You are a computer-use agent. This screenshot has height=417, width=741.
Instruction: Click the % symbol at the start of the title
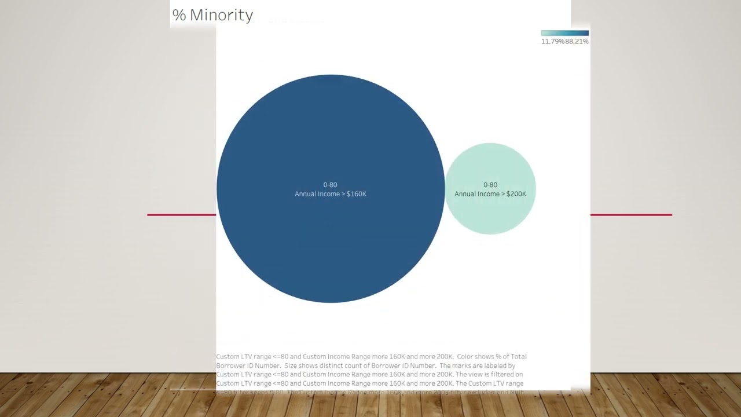[x=179, y=15]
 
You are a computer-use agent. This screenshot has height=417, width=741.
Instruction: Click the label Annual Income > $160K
[x=330, y=194]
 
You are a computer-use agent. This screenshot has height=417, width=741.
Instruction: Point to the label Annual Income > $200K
[x=490, y=194]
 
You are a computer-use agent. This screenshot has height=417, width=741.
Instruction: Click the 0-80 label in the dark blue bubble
[x=330, y=185]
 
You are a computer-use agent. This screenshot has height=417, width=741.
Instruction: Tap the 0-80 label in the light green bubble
[x=490, y=185]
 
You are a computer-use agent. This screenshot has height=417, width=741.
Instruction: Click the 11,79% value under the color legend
[x=552, y=42]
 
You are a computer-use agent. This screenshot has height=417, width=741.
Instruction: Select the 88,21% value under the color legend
[x=577, y=42]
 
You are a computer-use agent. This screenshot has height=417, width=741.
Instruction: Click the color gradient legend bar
[x=564, y=33]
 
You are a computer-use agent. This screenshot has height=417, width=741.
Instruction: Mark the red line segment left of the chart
[x=181, y=215]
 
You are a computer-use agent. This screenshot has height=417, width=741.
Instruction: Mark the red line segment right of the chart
[x=631, y=215]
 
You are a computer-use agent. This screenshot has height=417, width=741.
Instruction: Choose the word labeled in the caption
[x=494, y=366]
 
